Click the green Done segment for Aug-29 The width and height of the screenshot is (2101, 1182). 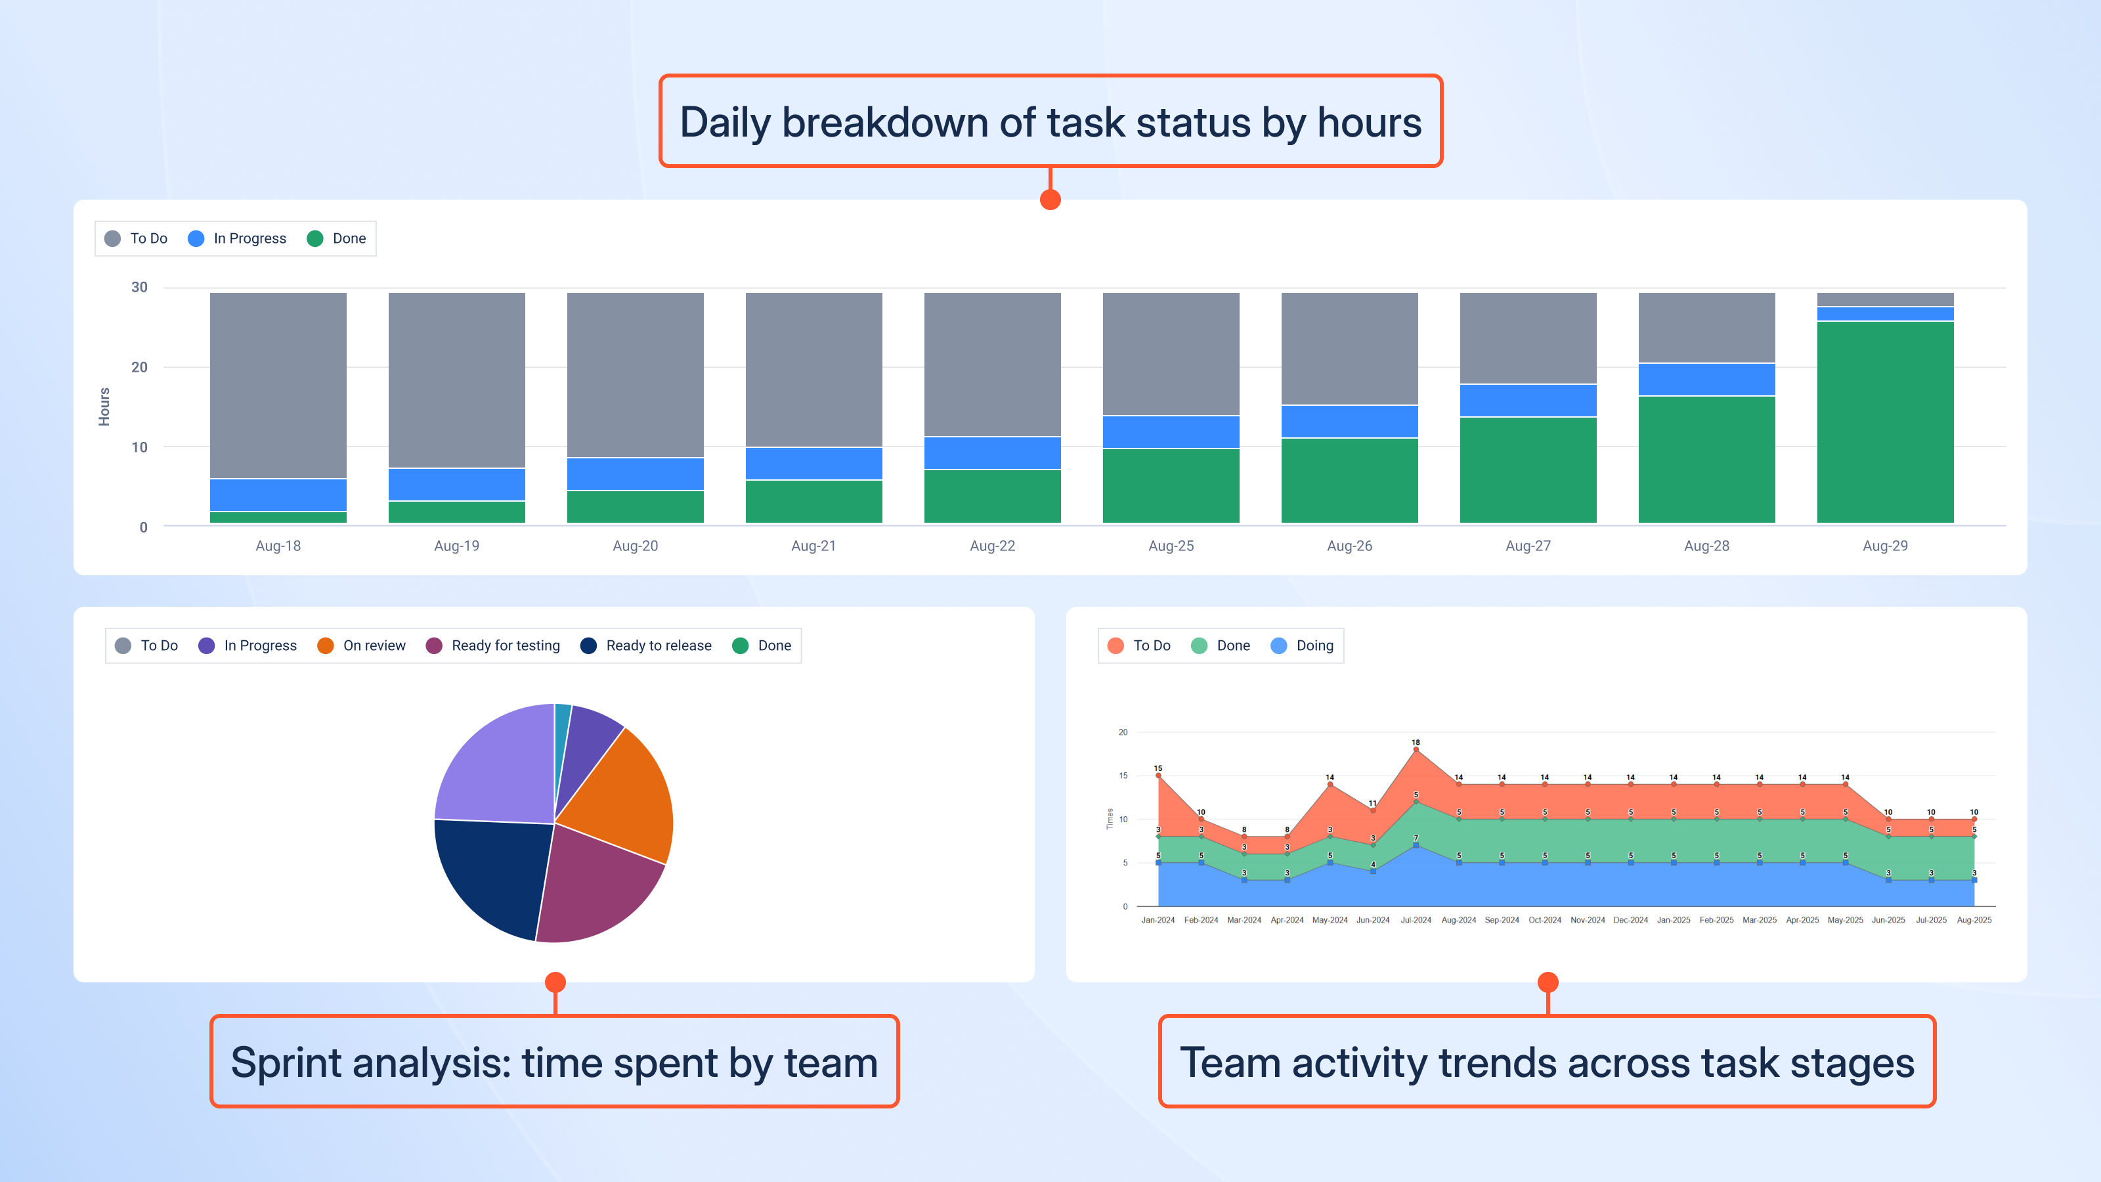1885,422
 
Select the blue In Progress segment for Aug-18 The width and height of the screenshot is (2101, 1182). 278,494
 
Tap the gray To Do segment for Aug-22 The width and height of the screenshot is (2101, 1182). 992,364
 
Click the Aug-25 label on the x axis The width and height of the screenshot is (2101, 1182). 1171,546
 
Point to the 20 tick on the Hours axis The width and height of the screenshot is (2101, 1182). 139,367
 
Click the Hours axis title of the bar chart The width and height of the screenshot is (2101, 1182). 104,406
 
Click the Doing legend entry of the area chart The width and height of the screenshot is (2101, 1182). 1302,646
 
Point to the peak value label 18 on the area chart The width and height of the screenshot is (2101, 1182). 1416,742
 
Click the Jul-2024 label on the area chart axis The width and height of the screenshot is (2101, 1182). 1416,920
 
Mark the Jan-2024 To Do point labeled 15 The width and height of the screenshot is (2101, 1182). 1158,776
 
